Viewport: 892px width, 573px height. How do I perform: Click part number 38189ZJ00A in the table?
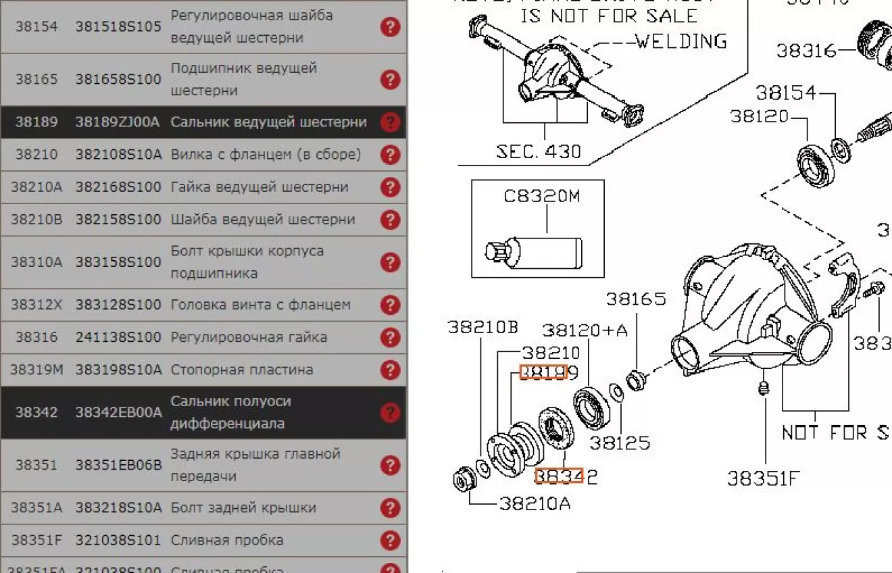118,122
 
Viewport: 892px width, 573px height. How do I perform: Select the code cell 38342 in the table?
36,412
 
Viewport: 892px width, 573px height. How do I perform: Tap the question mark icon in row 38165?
390,79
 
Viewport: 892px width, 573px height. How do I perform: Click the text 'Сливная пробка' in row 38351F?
226,540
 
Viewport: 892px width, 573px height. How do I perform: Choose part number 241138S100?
118,337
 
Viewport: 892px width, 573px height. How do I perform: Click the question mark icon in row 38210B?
390,220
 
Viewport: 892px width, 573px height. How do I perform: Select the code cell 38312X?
36,305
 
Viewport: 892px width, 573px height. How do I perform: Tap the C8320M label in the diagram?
541,196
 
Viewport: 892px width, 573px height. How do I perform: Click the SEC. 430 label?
539,151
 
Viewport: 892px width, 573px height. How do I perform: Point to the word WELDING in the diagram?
681,41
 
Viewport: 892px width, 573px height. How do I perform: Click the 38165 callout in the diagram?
635,299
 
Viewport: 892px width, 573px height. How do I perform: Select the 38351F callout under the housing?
763,478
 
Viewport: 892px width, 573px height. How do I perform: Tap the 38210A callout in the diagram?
535,503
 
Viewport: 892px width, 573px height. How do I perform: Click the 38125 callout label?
620,443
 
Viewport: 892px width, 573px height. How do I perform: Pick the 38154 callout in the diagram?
786,93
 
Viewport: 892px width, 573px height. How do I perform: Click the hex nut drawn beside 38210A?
464,480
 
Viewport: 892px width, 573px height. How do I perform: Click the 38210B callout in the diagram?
482,327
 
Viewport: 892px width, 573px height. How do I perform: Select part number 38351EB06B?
118,465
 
